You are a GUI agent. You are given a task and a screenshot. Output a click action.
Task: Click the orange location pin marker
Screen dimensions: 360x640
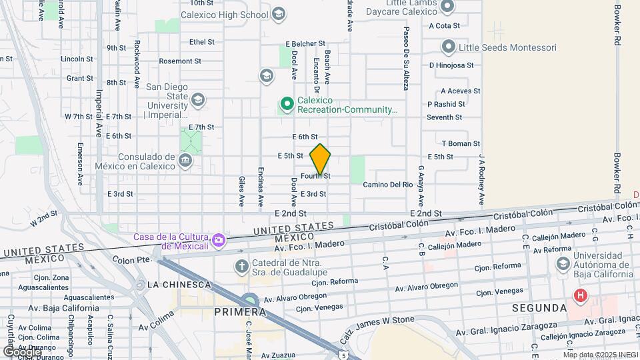tap(320, 159)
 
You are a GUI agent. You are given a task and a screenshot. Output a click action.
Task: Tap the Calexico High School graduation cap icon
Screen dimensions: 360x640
tap(278, 13)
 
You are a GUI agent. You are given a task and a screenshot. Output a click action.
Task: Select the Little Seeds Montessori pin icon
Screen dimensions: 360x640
tap(449, 47)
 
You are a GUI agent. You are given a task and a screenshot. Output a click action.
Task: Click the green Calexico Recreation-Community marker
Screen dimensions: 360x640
tap(287, 103)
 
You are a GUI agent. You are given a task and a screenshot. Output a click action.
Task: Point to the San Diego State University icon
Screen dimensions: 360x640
tap(197, 100)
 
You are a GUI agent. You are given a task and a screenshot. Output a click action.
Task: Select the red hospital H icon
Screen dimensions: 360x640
tap(581, 295)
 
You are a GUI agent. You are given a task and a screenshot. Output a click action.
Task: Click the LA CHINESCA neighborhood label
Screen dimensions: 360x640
tap(179, 285)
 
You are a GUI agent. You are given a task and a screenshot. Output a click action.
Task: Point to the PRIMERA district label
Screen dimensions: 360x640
tap(239, 312)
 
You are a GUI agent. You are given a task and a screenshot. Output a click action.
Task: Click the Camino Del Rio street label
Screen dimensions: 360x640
tap(388, 185)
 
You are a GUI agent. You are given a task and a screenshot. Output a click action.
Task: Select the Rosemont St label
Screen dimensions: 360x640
tap(180, 61)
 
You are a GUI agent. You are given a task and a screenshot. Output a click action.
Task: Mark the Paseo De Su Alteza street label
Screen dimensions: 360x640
tap(405, 59)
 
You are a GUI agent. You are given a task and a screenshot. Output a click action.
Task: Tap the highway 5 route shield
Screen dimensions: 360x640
tap(343, 353)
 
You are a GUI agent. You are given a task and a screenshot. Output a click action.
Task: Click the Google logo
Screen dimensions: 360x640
tap(21, 350)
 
